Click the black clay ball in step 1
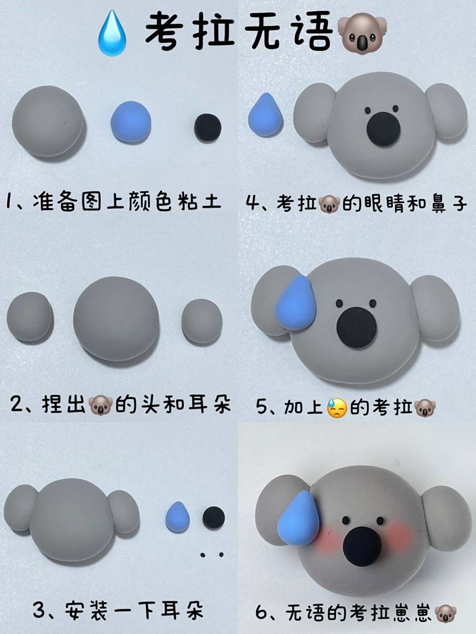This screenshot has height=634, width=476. (208, 128)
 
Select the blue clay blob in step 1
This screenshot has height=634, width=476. (131, 122)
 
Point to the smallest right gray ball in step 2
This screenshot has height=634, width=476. (202, 321)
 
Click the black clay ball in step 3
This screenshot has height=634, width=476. (213, 517)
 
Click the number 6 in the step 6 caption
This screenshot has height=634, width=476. (262, 613)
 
